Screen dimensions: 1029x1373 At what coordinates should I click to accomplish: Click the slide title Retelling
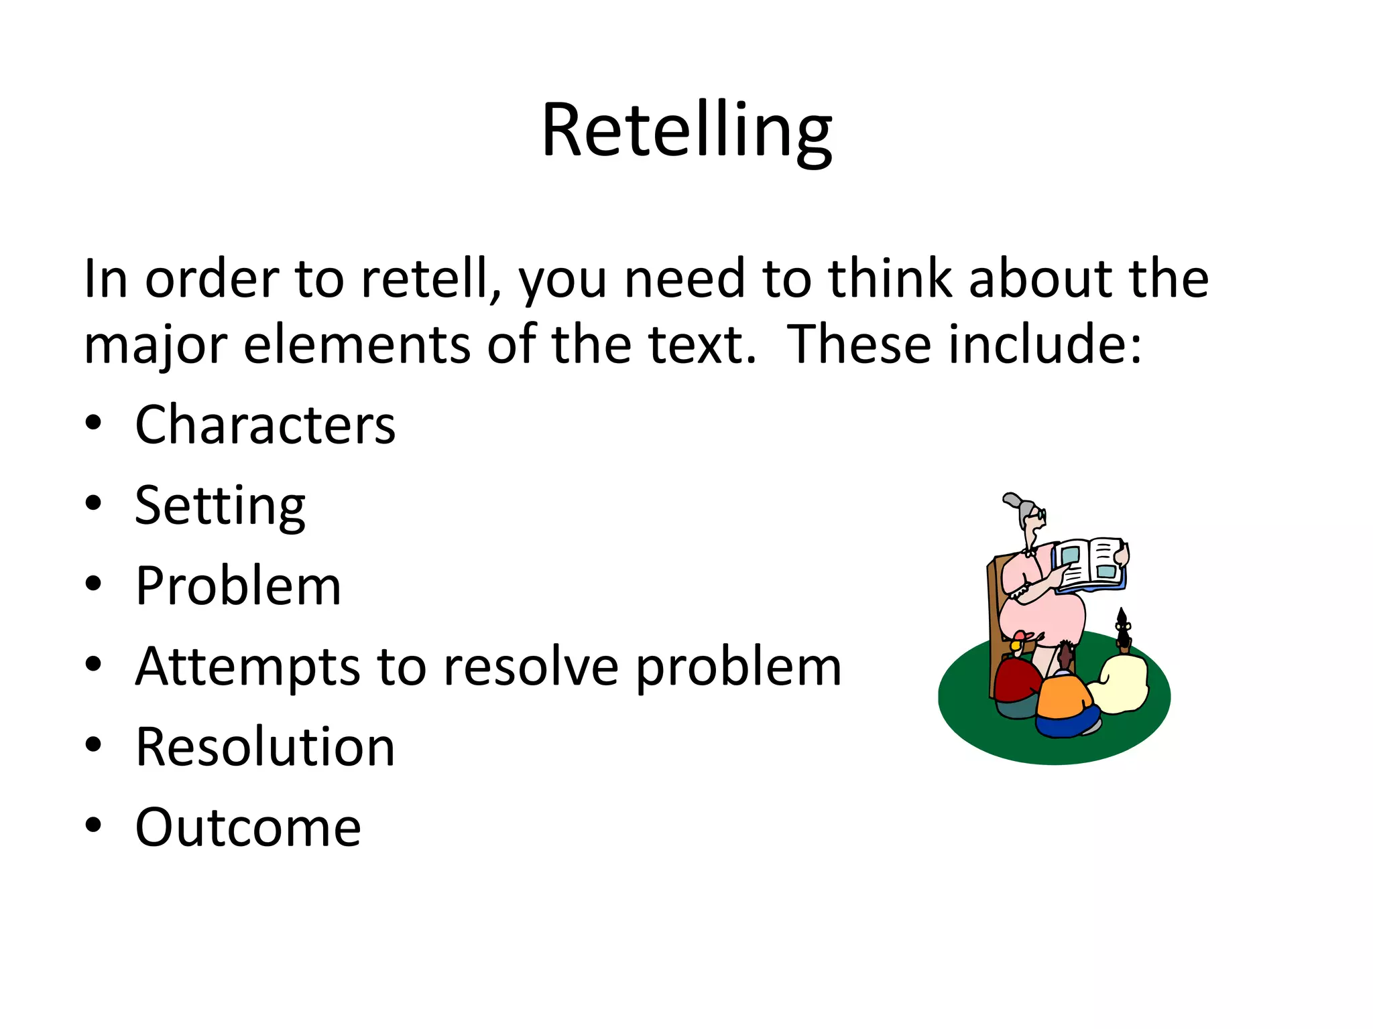[x=686, y=130]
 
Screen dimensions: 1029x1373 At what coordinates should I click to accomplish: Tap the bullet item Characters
[x=265, y=425]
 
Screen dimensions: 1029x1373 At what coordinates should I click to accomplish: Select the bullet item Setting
[x=220, y=506]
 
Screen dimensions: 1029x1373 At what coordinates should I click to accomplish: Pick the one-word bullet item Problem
[x=238, y=586]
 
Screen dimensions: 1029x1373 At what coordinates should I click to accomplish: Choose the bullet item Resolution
[x=265, y=747]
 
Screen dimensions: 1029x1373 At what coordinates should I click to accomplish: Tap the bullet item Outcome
[x=248, y=828]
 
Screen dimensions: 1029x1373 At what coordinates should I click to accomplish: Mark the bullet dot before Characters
[x=93, y=423]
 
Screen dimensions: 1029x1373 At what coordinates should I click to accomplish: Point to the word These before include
[x=859, y=345]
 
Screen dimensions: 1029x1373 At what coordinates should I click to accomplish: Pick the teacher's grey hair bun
[x=1012, y=501]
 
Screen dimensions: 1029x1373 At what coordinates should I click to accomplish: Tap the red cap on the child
[x=1021, y=636]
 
